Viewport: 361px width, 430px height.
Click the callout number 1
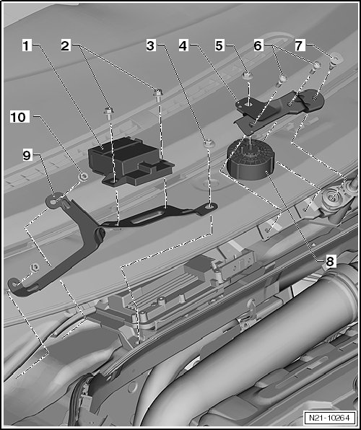tap(27, 45)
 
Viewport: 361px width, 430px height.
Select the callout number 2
tap(65, 45)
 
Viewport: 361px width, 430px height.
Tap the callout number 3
tap(150, 45)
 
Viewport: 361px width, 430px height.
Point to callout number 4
tap(183, 45)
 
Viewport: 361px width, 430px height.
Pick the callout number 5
tap(219, 45)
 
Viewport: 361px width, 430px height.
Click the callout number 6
tap(258, 45)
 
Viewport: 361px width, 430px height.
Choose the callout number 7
tap(300, 45)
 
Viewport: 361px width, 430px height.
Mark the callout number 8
tap(330, 262)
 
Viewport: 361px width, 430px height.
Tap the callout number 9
tap(27, 156)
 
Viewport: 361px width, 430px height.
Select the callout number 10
tap(18, 118)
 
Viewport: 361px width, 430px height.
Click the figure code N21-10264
tap(329, 418)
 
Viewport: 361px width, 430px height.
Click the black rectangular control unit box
tap(130, 162)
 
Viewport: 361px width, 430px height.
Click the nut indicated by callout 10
tap(83, 177)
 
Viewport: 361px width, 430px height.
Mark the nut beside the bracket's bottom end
tap(35, 266)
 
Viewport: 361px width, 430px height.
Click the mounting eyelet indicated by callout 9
tap(54, 201)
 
